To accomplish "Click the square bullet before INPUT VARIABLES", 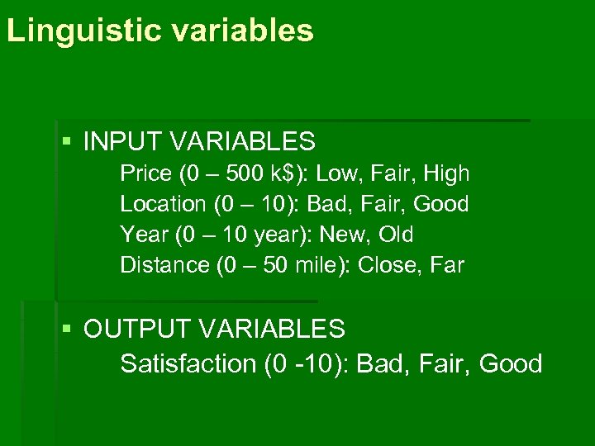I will click(67, 142).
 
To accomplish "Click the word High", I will click(445, 174).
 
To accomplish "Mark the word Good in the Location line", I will click(441, 204).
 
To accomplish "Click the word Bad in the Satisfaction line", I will click(383, 363).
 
